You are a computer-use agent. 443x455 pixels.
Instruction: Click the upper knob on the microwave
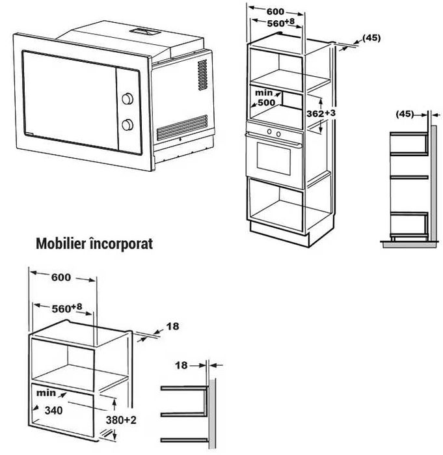tap(128, 99)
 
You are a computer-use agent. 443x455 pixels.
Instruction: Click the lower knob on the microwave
tap(128, 124)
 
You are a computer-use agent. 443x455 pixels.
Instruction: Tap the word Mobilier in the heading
tap(61, 243)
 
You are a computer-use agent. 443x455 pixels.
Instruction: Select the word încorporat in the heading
tap(122, 243)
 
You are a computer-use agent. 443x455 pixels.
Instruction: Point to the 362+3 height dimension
tap(321, 113)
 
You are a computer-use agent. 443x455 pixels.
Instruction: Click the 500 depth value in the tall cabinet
tap(267, 102)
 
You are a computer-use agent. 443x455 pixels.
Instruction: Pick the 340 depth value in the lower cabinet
tap(53, 410)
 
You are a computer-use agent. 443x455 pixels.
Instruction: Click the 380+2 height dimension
tap(121, 420)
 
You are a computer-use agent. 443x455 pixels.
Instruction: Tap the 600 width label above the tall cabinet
tap(275, 12)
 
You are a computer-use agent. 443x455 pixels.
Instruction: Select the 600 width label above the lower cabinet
tap(61, 277)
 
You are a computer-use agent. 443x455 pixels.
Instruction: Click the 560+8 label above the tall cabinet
tap(280, 22)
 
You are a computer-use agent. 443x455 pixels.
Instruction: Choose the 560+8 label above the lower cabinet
tap(67, 308)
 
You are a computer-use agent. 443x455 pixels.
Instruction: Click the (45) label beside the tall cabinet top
tap(371, 38)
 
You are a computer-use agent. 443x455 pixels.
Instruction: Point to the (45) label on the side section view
tap(405, 114)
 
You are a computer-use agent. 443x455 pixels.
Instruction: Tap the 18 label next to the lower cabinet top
tap(172, 327)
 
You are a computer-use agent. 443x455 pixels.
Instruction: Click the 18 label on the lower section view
tap(181, 365)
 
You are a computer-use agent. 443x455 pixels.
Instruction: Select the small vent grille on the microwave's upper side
tap(203, 75)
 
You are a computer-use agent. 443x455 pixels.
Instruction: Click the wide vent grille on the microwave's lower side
tap(182, 128)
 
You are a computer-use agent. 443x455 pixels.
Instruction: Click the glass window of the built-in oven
tap(274, 158)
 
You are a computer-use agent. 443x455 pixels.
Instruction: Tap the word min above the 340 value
tap(46, 393)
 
